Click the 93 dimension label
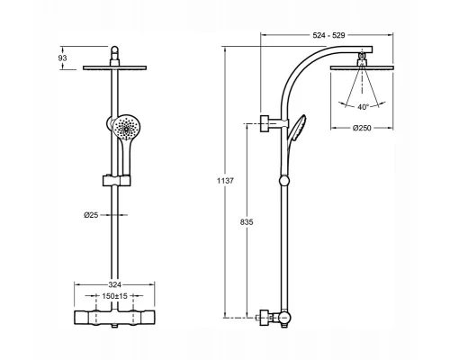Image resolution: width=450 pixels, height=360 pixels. (x=62, y=58)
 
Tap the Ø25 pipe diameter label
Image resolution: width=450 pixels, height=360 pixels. (x=91, y=215)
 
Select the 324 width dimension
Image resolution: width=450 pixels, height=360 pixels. (x=114, y=284)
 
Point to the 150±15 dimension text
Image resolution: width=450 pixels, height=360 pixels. (x=114, y=296)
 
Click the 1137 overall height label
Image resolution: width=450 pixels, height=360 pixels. (x=225, y=181)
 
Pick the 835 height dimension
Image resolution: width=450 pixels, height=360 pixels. (x=247, y=222)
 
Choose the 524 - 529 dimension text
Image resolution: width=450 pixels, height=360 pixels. (x=328, y=35)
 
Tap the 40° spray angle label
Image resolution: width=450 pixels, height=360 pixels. (x=363, y=107)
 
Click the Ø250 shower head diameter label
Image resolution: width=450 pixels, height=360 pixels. (x=362, y=128)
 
